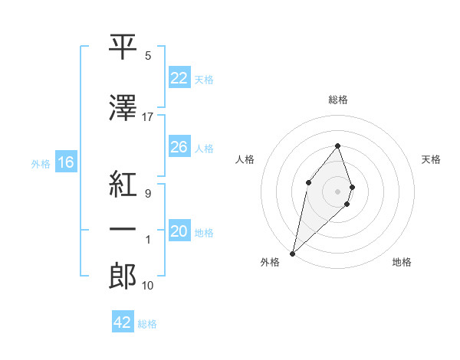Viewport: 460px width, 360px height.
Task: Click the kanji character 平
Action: click(123, 47)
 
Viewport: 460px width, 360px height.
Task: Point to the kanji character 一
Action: click(123, 229)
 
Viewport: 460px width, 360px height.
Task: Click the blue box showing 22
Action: click(179, 78)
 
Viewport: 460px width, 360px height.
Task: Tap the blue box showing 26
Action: click(179, 147)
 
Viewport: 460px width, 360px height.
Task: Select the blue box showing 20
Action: click(179, 231)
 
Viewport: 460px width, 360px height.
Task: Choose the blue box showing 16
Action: click(65, 162)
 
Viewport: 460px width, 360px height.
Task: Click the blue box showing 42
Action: click(123, 322)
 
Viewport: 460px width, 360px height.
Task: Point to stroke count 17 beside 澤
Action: click(148, 116)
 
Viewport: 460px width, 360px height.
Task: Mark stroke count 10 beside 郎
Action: click(148, 285)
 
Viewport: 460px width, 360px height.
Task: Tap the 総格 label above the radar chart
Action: click(338, 100)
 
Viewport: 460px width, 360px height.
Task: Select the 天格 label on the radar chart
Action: click(432, 159)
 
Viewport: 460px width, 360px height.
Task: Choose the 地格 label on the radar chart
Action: click(402, 262)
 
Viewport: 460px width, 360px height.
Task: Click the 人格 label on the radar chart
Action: click(245, 159)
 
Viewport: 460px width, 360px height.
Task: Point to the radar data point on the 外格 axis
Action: click(292, 254)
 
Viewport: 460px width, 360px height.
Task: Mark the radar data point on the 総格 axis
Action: click(338, 146)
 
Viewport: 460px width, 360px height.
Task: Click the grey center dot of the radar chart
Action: click(338, 191)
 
